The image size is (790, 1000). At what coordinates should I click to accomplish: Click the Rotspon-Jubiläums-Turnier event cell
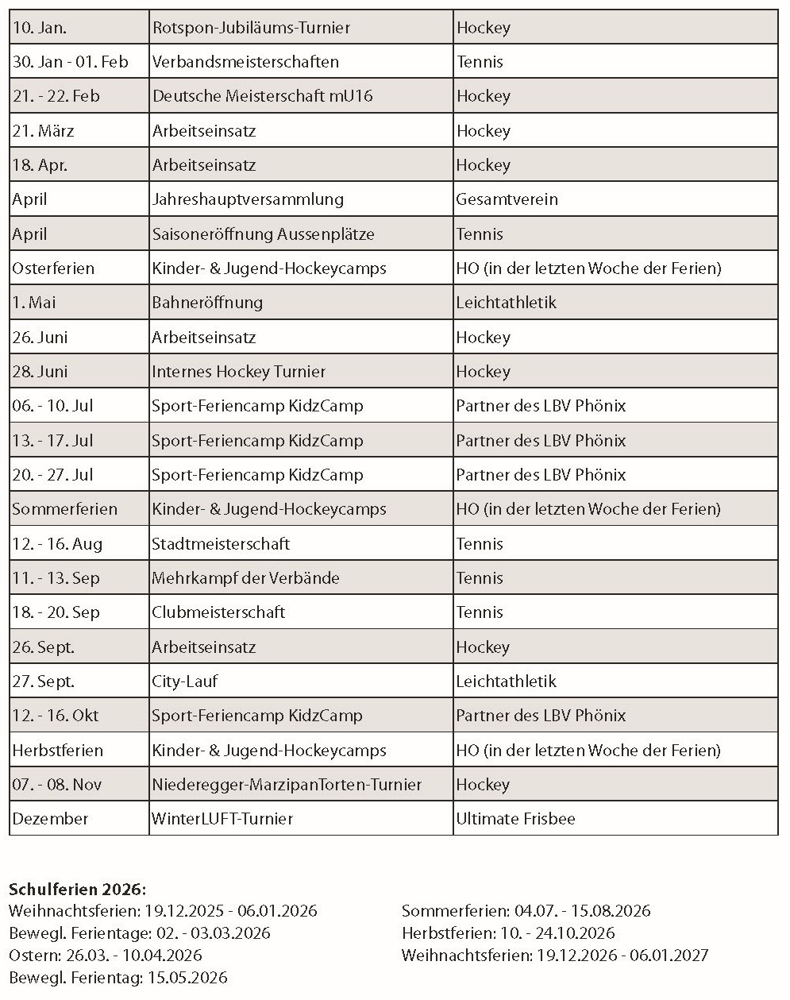click(251, 28)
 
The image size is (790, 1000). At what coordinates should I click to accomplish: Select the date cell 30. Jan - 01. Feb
click(70, 62)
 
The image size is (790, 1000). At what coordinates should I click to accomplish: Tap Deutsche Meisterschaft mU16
click(262, 96)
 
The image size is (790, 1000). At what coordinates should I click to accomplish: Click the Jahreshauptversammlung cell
click(248, 199)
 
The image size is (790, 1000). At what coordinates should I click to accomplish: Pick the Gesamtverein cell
click(507, 199)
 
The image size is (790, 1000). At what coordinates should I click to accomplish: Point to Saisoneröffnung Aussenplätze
click(263, 234)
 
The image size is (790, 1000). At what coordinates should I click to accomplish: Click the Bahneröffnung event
click(207, 303)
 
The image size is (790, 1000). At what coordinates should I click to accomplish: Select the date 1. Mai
click(34, 303)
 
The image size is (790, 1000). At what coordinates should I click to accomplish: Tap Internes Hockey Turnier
click(238, 372)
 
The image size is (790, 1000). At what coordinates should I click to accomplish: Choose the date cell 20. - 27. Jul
click(52, 475)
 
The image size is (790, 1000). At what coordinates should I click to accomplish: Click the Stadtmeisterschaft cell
click(221, 544)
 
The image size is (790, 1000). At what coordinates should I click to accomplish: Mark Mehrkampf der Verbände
click(245, 578)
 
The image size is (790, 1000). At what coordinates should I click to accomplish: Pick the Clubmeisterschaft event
click(218, 612)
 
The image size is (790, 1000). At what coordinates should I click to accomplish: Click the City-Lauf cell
click(184, 681)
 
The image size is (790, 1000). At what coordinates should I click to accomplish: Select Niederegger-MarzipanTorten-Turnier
click(287, 785)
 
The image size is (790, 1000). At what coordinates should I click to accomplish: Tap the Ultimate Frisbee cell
click(515, 819)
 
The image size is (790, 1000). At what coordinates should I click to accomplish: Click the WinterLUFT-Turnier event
click(222, 819)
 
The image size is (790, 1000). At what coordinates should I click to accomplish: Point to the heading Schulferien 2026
click(78, 889)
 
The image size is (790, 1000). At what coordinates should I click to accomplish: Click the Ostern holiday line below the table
click(106, 956)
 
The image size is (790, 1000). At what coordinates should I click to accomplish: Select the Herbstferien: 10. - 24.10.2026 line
click(508, 933)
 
